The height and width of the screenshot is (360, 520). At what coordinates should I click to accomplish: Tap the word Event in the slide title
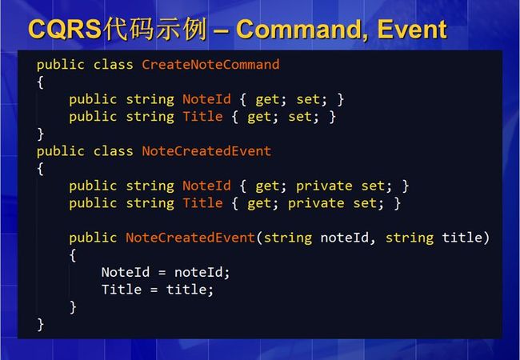point(412,29)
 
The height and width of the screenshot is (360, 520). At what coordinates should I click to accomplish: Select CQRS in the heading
point(65,29)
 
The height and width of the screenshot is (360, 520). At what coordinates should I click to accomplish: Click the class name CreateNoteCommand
point(210,64)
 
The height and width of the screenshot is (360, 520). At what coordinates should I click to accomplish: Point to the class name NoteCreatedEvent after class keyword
point(206,151)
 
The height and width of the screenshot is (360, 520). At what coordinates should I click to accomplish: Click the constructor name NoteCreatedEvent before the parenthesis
point(190,238)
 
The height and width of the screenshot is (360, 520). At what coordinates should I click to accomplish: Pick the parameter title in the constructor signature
point(462,238)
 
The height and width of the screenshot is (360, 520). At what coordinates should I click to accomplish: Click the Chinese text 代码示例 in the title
point(155,29)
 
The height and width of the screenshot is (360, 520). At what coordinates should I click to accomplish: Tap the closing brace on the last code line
point(40,325)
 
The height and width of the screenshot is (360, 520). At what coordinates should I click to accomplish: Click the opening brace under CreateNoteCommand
point(40,82)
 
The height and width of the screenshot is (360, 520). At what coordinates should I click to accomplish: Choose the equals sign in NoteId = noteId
point(162,273)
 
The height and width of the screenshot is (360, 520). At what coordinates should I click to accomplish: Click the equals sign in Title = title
point(154,290)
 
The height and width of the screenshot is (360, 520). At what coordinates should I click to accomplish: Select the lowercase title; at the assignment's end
point(190,290)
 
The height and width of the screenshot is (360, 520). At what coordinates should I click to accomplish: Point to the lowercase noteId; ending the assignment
point(202,272)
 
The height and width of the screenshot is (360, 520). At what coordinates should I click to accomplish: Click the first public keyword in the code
point(60,65)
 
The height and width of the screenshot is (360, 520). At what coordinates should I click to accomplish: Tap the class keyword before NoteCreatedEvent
point(113,151)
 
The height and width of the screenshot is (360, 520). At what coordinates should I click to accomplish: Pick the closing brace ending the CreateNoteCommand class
point(40,134)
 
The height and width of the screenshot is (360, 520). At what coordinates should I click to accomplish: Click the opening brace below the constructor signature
point(73,255)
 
